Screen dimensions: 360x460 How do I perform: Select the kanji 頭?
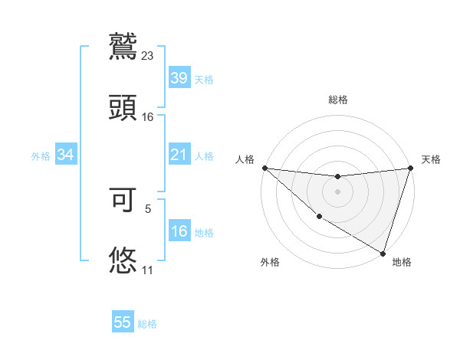123,107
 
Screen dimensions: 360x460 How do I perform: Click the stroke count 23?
148,56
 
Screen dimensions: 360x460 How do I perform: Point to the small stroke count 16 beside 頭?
148,117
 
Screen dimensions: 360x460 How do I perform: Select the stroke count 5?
148,208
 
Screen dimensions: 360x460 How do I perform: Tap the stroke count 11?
147,270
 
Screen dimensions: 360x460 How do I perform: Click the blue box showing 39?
179,77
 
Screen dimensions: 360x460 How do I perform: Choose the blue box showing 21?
179,155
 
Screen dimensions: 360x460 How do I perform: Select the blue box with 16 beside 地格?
179,231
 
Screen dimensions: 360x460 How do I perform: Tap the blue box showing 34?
65,155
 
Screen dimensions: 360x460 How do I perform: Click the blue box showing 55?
123,322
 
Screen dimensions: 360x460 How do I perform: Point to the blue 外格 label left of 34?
41,156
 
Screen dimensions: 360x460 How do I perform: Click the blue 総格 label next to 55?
147,324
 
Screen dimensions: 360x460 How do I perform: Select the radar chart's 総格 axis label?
338,100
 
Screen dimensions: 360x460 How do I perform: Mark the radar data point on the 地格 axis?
383,254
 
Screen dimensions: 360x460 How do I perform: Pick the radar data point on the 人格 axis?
264,168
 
